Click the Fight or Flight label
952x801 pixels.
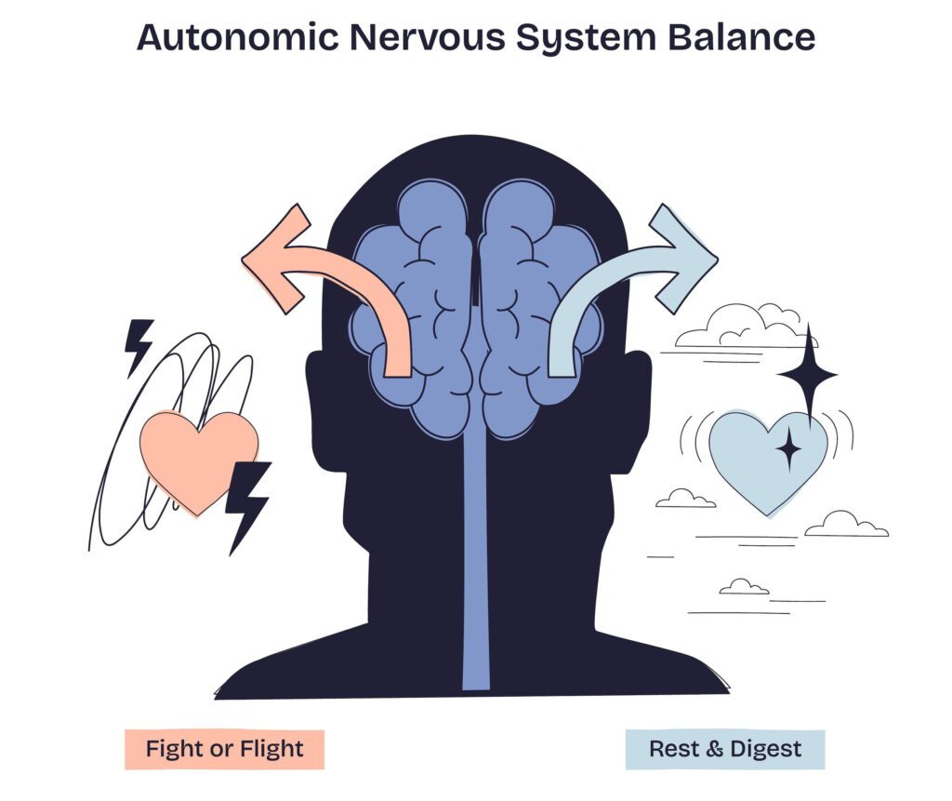[x=224, y=749]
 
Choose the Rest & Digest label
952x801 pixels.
[x=725, y=749]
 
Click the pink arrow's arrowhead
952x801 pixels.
[x=276, y=255]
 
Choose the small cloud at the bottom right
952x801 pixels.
[x=745, y=587]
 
